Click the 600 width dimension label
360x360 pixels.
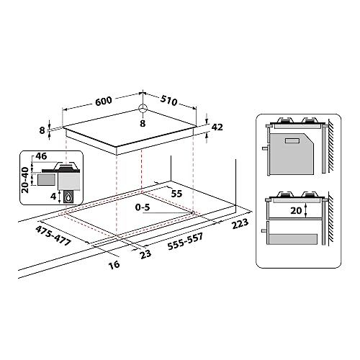tap(103, 102)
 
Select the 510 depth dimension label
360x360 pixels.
tap(170, 101)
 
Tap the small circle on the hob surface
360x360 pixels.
tap(142, 110)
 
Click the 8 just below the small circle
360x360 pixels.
tap(142, 124)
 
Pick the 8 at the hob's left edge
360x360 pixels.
tap(43, 130)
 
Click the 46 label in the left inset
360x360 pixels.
tap(40, 156)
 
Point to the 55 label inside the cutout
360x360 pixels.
tap(177, 194)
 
